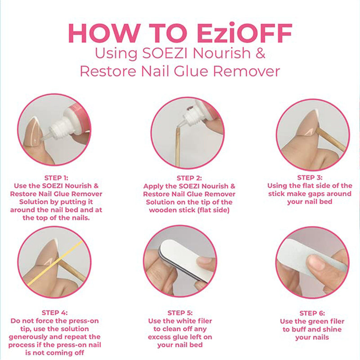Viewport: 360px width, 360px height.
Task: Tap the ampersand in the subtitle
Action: pos(261,53)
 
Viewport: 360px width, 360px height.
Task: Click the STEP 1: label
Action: pos(56,177)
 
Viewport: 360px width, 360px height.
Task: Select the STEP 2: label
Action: pos(189,178)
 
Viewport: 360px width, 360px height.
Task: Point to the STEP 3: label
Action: pos(310,177)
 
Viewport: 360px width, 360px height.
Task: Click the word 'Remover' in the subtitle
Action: pos(249,71)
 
